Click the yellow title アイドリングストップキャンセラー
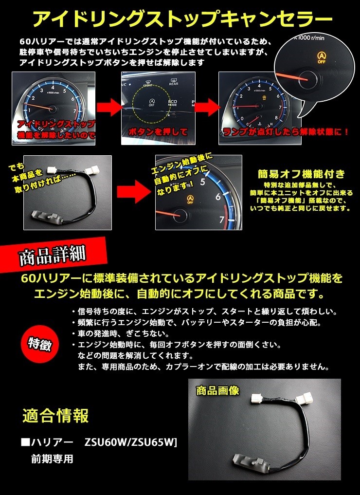pos(180,20)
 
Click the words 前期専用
pos(52,458)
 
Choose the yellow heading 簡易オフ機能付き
pos(302,174)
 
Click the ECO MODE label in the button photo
pos(172,104)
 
